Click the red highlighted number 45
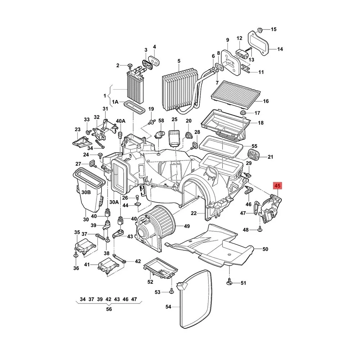[277, 185]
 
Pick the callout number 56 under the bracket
[109, 309]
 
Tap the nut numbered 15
[260, 30]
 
